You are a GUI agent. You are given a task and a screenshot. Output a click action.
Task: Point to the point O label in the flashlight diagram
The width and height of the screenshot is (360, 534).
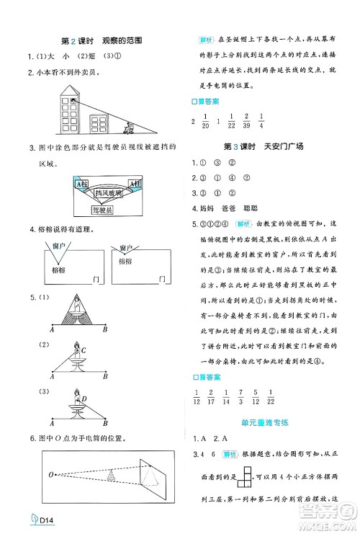pos(51,475)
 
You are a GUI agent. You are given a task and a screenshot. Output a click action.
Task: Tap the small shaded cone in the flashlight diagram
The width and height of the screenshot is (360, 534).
pos(111,476)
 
